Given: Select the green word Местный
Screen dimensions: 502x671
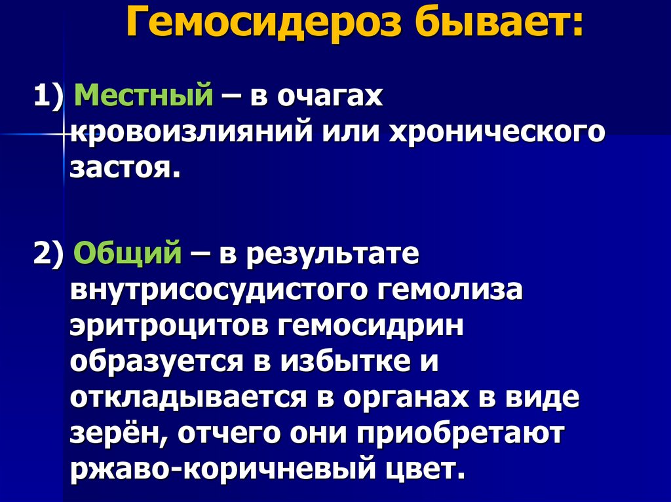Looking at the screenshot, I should pyautogui.click(x=144, y=98).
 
